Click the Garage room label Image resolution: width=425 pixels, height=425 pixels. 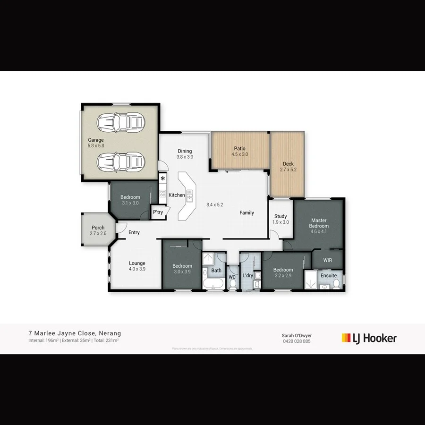click(x=95, y=140)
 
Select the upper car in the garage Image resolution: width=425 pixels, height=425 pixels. click(x=120, y=123)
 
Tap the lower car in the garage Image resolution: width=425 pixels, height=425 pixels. click(x=120, y=162)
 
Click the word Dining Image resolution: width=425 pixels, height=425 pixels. click(x=185, y=151)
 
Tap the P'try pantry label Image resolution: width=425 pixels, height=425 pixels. click(x=158, y=212)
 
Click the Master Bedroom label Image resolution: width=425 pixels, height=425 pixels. click(x=319, y=223)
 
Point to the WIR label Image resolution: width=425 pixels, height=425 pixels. click(x=328, y=260)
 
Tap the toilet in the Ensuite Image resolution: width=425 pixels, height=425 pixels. click(x=336, y=283)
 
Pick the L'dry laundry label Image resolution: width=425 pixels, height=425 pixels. click(x=248, y=275)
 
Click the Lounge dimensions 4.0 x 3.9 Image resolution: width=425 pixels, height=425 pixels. click(x=137, y=269)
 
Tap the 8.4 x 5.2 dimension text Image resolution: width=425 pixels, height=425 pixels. click(x=214, y=205)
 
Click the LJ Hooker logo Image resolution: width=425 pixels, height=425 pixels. click(x=369, y=338)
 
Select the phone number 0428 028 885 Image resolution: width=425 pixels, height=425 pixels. click(x=297, y=341)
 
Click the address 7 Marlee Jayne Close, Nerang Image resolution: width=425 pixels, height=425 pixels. click(x=75, y=333)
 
